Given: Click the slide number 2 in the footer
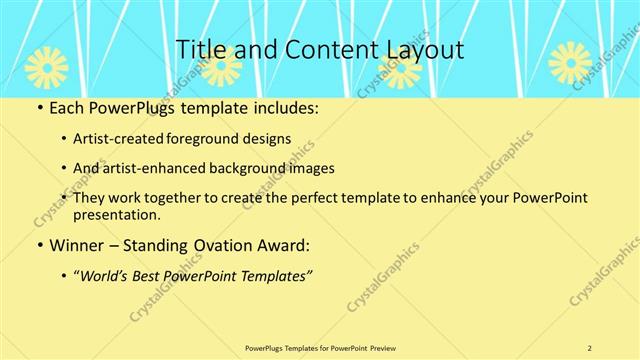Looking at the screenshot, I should point(590,347).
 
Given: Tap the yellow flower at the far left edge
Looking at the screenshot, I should point(44,66).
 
